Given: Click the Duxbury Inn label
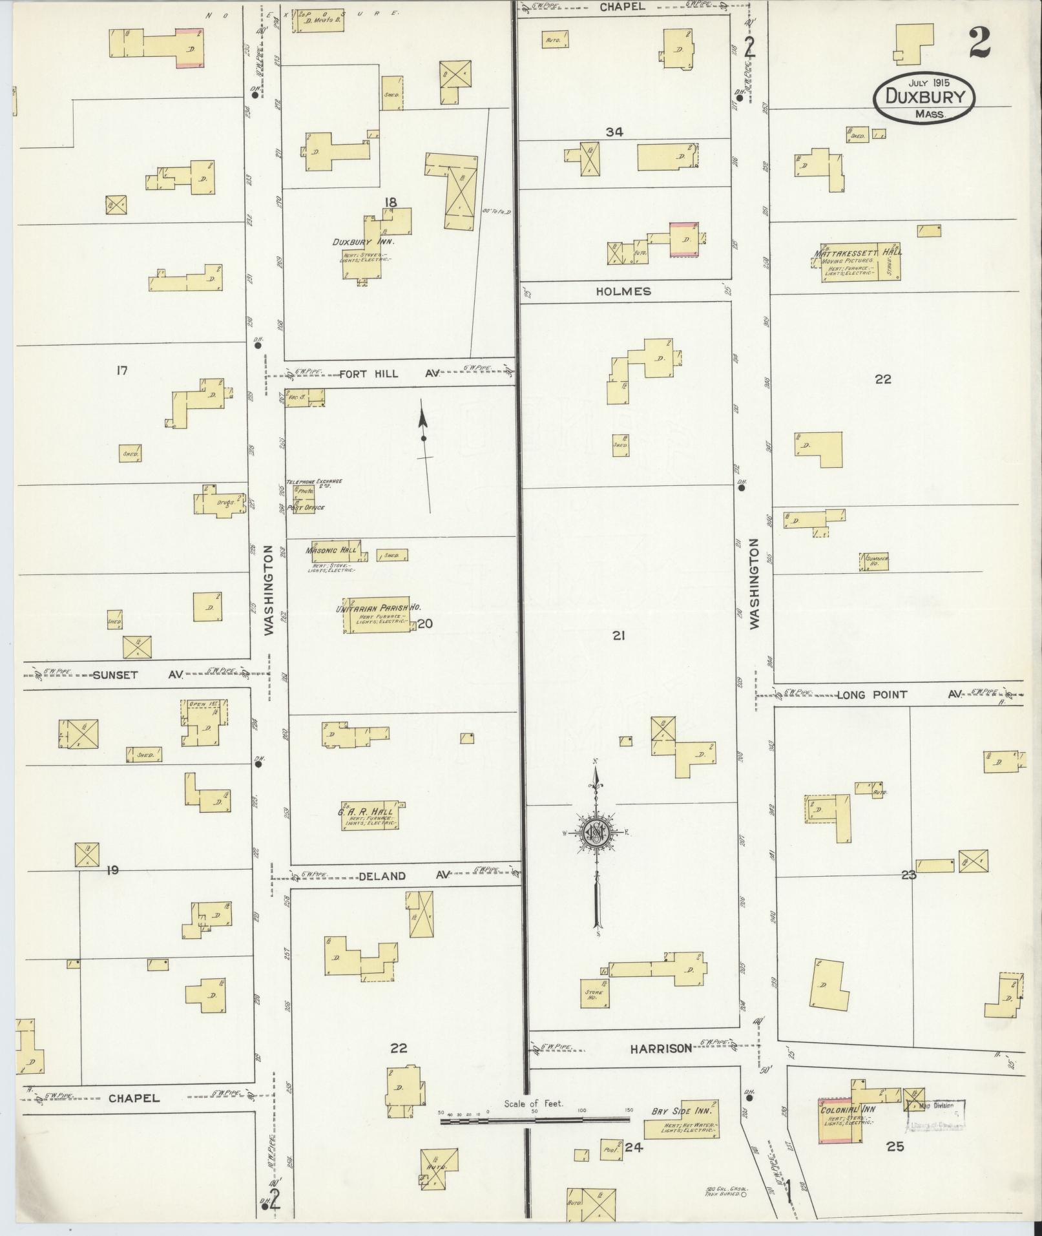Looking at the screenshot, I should click(x=362, y=242).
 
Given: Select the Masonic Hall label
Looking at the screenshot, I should click(x=331, y=550).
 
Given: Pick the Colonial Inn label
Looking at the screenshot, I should click(x=846, y=1110).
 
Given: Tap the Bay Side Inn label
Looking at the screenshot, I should click(x=681, y=1111).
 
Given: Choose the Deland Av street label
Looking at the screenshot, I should click(x=401, y=876).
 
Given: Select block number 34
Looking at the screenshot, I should click(x=614, y=132).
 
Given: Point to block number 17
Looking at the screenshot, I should click(x=121, y=370).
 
